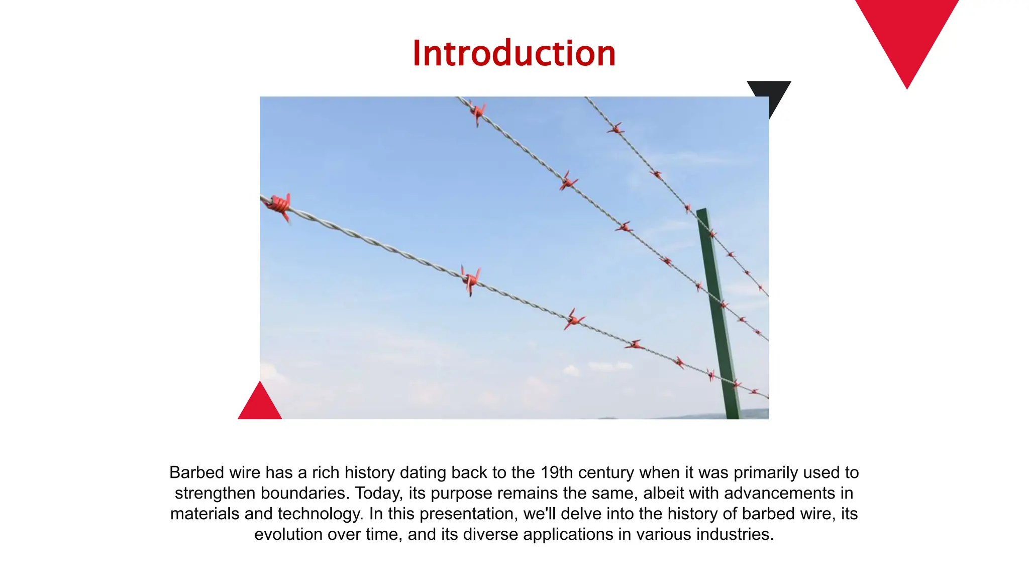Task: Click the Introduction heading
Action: pos(514,53)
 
